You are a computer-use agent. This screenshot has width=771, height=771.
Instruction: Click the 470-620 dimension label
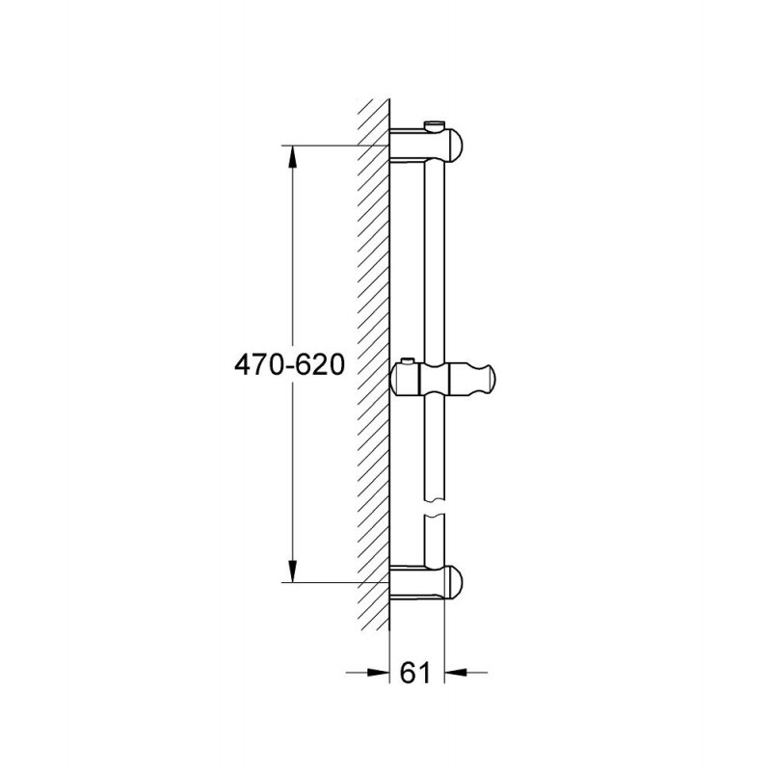289,365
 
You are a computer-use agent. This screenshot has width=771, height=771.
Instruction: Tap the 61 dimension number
416,672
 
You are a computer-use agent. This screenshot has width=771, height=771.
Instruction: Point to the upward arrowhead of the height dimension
292,157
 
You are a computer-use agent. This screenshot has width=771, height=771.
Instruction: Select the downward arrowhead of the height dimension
292,571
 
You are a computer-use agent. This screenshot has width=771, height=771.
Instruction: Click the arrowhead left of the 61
377,672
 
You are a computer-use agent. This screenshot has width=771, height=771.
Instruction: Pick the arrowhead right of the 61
456,672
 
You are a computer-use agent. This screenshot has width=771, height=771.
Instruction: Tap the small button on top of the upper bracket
435,126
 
